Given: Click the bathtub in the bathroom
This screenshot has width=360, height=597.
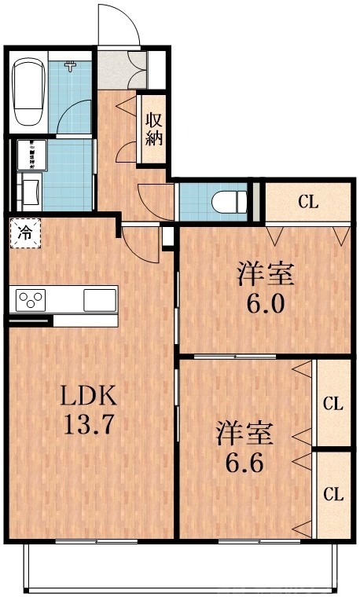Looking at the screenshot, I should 29,92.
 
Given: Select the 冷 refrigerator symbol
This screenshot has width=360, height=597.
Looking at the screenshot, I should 24,232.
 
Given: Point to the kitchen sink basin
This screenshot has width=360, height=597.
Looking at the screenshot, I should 100,299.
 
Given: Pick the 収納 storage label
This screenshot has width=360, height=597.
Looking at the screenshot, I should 152,129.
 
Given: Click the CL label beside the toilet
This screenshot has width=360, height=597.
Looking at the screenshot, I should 307,202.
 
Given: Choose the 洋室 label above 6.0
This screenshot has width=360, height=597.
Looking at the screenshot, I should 266,276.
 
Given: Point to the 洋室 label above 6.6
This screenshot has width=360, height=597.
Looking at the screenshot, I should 245,432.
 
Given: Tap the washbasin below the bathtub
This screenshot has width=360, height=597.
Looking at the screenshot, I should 31,192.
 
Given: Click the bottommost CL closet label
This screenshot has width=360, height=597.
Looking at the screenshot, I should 333,494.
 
